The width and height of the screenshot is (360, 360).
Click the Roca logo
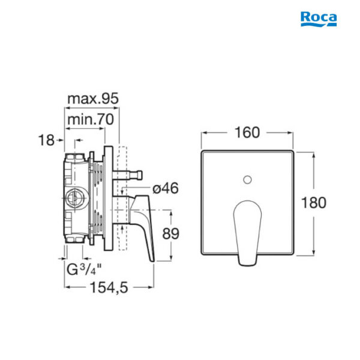pyautogui.click(x=319, y=19)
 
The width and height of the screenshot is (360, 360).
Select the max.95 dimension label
pyautogui.click(x=93, y=98)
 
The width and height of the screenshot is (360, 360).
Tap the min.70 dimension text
pyautogui.click(x=91, y=119)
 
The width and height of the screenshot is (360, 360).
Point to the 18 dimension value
pyautogui.click(x=46, y=140)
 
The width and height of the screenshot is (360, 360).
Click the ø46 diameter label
pyautogui.click(x=166, y=188)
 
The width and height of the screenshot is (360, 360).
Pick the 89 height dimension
pyautogui.click(x=170, y=234)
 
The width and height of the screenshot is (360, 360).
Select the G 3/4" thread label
pyautogui.click(x=84, y=269)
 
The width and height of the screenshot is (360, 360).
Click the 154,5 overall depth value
pyautogui.click(x=109, y=287)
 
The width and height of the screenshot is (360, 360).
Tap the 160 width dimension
pyautogui.click(x=247, y=133)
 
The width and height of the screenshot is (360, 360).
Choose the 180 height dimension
pyautogui.click(x=313, y=203)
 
